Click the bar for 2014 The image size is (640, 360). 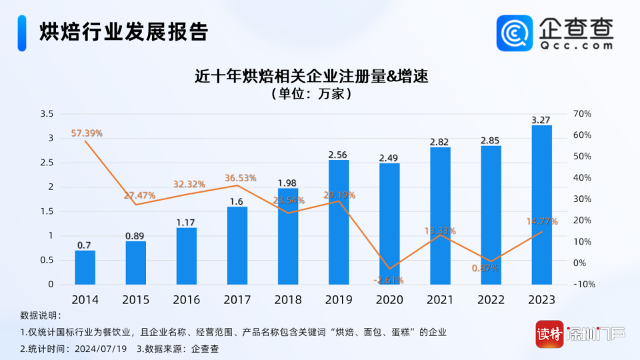pos(85,267)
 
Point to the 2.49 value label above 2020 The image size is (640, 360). pos(389,158)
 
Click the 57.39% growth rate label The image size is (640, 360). pos(87,133)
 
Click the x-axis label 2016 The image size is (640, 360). pos(186,300)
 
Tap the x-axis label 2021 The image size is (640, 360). pos(440,300)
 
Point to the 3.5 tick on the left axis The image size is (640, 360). pos(46,114)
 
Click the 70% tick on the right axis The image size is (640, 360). pos(582,114)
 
